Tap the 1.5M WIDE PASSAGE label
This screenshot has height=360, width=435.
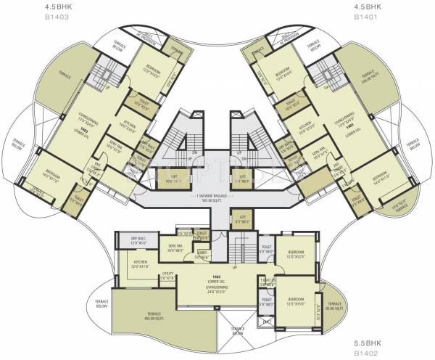point(217,197)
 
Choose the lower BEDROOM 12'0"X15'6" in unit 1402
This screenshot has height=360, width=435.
point(296,300)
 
